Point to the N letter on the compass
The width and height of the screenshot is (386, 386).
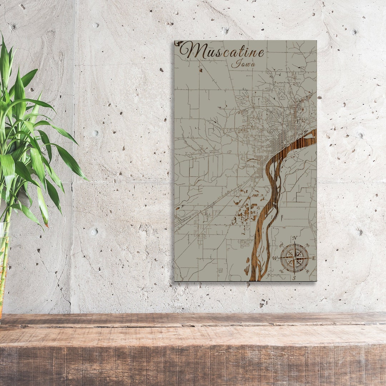tap(295, 238)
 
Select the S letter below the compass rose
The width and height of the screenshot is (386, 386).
tap(294, 278)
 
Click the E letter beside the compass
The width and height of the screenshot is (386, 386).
tap(314, 258)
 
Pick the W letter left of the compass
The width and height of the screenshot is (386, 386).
tap(275, 258)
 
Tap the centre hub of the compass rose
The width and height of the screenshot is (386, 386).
tap(295, 258)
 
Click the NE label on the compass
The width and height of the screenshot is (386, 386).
tap(307, 245)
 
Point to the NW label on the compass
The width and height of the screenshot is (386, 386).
tap(281, 245)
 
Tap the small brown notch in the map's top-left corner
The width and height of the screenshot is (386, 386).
tap(176, 43)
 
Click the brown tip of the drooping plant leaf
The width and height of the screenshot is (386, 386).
tap(46, 225)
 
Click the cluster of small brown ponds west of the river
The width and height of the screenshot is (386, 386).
tap(247, 211)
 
